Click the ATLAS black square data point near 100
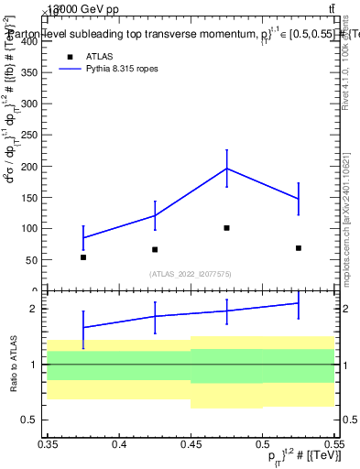[226, 228]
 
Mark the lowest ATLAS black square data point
[83, 257]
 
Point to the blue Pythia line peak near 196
[226, 169]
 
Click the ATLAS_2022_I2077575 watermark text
[190, 273]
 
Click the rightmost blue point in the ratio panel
[298, 303]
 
